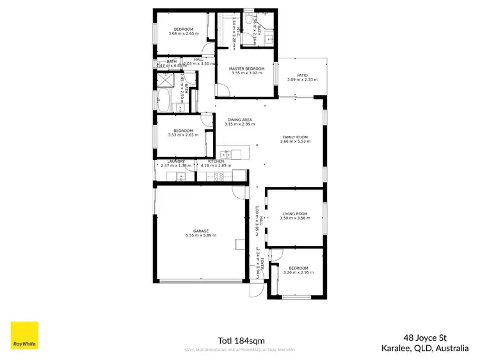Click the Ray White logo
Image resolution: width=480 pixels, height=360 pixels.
point(24,335)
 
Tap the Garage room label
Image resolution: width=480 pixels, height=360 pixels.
point(201,231)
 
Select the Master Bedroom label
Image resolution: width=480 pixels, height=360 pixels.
point(246,69)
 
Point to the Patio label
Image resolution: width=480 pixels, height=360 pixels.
point(301,75)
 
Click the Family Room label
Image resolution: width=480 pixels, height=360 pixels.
point(295,137)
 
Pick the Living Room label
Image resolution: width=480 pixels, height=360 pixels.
point(294,213)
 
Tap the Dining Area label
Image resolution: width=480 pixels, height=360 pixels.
point(240,120)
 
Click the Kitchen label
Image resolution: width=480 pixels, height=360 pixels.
point(216,161)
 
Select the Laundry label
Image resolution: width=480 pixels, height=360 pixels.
point(176,161)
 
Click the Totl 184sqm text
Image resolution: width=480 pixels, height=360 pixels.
point(241,340)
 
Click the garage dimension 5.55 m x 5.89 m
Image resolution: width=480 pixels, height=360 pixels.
point(201,236)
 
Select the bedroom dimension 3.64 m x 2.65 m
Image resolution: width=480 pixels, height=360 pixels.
point(184,33)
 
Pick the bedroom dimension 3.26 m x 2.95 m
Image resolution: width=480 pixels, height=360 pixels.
point(298,272)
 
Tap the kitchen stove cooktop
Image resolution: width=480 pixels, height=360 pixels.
point(218,177)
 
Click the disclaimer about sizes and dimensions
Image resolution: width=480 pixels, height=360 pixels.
point(241,350)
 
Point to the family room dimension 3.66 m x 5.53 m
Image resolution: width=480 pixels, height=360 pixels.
point(295,142)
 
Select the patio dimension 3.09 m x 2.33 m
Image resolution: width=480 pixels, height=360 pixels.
point(301,79)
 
